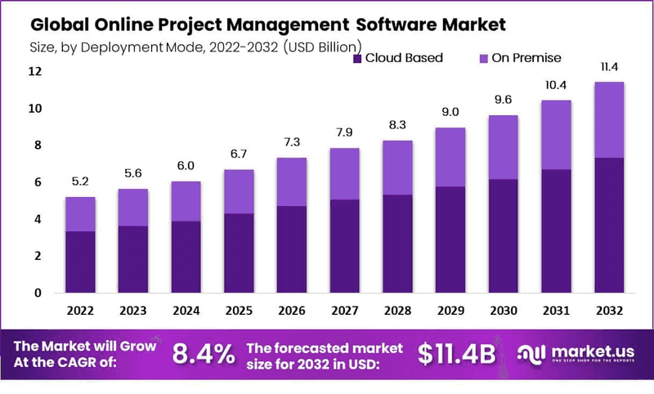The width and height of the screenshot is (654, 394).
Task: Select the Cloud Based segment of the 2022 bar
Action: tap(80, 262)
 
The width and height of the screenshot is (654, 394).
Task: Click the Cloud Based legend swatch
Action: tap(357, 58)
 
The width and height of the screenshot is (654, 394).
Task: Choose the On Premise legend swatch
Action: tap(482, 58)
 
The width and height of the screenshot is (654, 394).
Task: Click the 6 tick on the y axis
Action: tap(36, 182)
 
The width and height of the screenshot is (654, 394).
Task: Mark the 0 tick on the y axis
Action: tap(36, 293)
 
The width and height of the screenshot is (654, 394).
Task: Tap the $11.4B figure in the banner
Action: tap(457, 355)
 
